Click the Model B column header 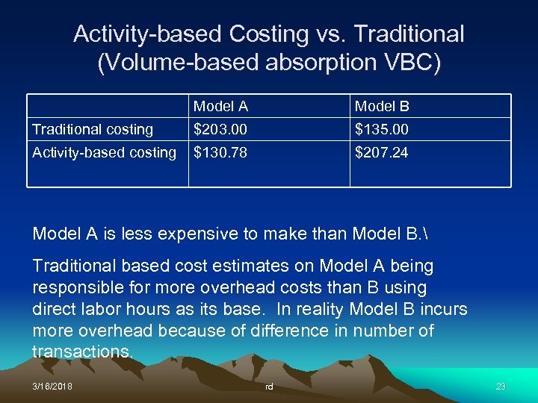pos(382,107)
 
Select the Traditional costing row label pos(93,130)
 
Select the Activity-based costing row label pos(105,153)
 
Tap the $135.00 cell pos(381,130)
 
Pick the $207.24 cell pos(381,153)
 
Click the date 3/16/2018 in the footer pos(52,387)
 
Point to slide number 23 pos(501,387)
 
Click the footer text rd pos(269,387)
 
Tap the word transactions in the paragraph pos(82,352)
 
